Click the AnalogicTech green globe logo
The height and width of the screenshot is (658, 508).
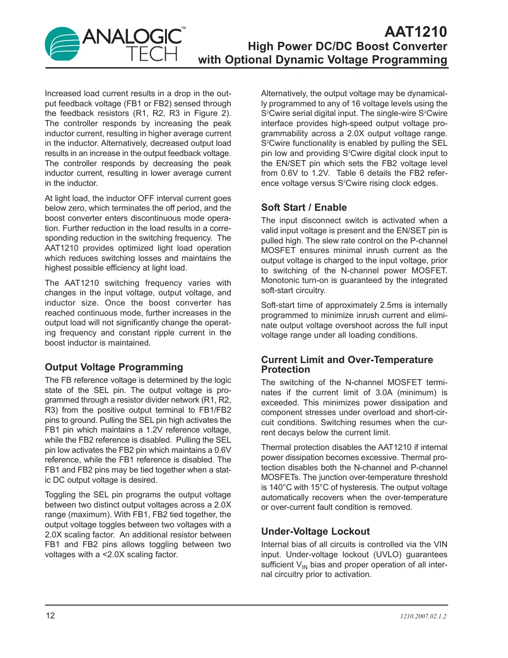tap(63, 44)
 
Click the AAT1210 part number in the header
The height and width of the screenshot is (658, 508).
tap(416, 32)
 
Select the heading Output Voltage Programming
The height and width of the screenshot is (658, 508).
tap(114, 367)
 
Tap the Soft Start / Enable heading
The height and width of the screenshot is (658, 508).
tap(304, 208)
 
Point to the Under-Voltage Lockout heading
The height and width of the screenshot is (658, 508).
tap(315, 531)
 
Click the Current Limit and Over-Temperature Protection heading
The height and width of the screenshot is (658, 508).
tap(347, 364)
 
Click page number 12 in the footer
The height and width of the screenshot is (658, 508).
tap(50, 616)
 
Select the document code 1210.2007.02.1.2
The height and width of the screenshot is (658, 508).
tap(423, 616)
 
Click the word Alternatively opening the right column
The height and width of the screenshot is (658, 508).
tap(284, 93)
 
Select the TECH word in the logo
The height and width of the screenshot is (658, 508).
tap(152, 54)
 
